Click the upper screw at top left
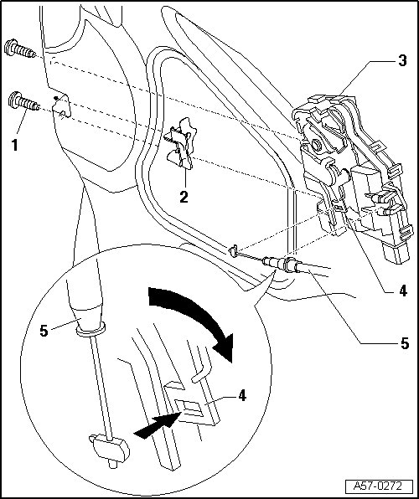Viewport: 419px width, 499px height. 20,49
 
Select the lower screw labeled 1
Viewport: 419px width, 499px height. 23,101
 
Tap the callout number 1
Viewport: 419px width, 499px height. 14,145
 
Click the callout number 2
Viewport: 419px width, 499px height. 184,197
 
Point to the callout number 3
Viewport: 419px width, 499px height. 403,60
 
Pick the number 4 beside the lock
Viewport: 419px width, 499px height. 403,291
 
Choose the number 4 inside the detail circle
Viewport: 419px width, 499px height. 242,395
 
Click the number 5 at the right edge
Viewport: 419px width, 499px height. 404,343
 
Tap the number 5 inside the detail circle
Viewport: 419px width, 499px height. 44,331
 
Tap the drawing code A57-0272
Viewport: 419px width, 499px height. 378,486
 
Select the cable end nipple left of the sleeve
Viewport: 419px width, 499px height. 233,251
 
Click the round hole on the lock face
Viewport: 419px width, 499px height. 317,146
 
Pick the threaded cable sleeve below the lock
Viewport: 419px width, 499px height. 280,264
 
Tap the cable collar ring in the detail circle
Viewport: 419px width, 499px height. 91,329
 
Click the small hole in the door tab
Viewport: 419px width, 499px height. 64,114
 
